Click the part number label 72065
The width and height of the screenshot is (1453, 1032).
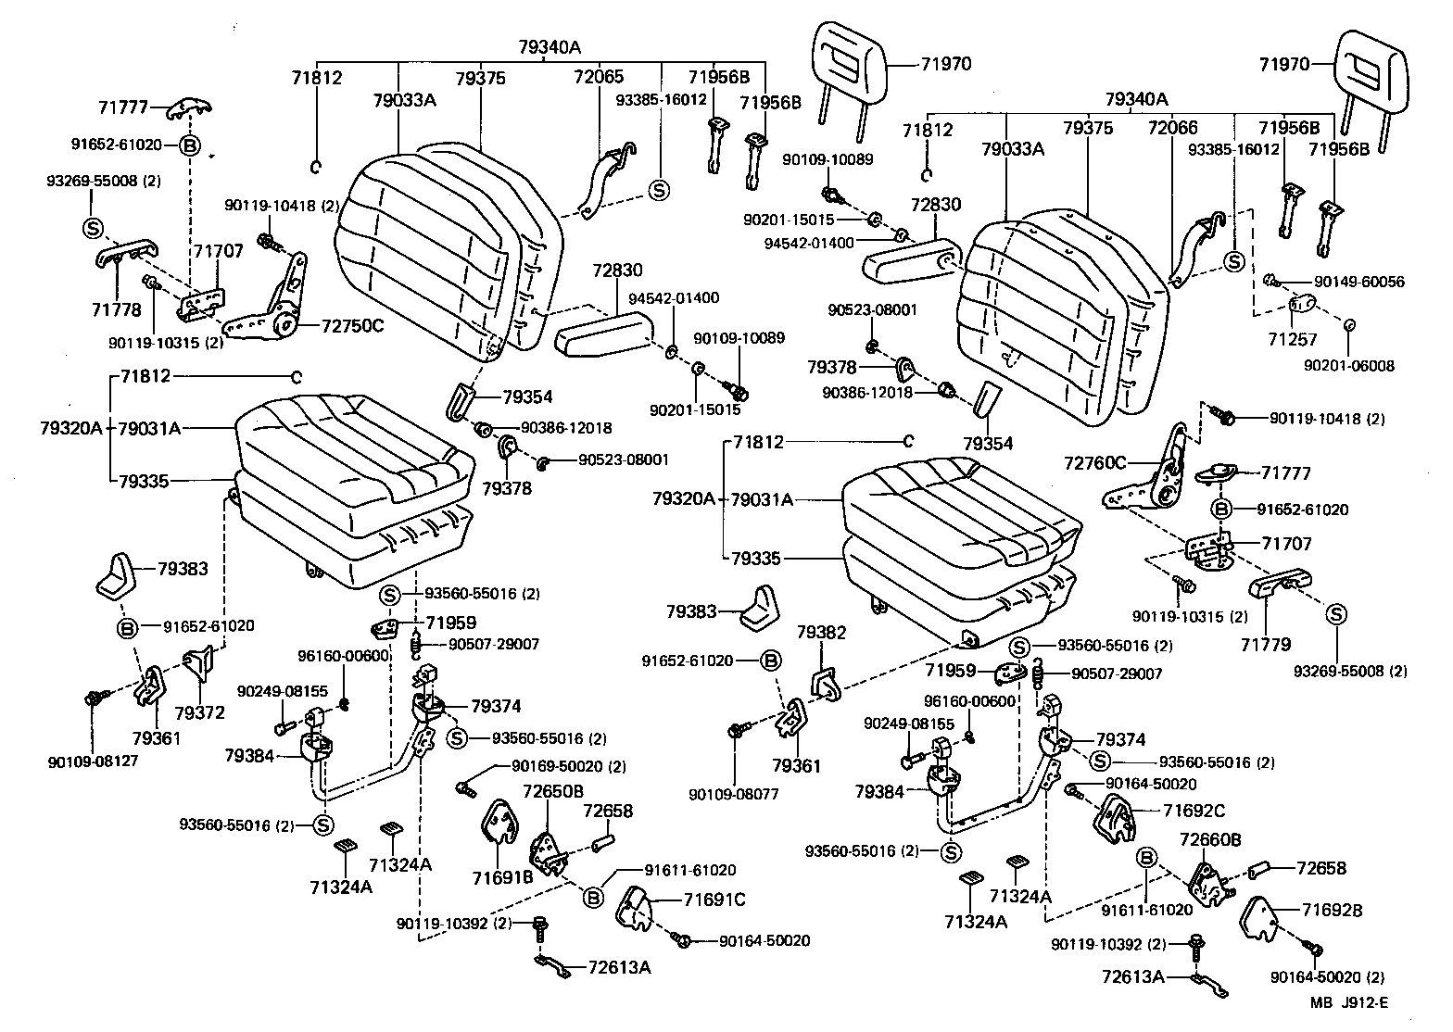[x=599, y=78]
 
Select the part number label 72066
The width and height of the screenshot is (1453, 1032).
[x=1172, y=128]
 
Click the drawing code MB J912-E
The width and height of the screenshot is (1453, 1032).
[x=1349, y=1002]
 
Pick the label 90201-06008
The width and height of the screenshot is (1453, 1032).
[x=1348, y=366]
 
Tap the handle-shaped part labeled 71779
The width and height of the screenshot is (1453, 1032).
[x=1280, y=584]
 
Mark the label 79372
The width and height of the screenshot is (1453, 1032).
[x=199, y=712]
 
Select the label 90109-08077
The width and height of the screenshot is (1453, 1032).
[x=734, y=794]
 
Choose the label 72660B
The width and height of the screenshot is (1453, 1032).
[x=1210, y=839]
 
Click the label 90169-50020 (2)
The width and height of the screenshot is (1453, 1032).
[x=568, y=766]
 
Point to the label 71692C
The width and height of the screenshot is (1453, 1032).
[x=1194, y=811]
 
